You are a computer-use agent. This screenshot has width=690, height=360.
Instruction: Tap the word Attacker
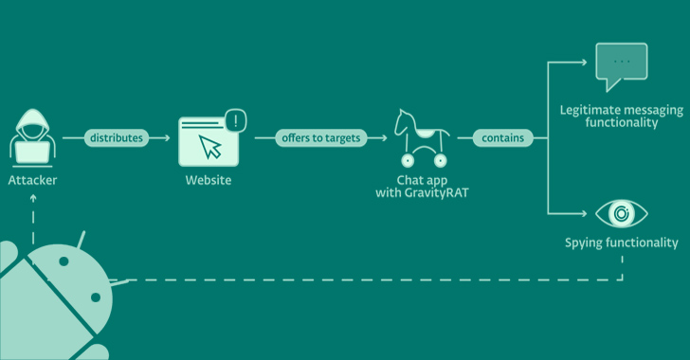(32, 180)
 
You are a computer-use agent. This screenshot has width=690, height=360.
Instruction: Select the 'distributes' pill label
(117, 137)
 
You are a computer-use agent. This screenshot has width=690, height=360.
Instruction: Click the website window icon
(209, 141)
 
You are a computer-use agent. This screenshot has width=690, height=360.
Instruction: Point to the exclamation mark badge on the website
(236, 120)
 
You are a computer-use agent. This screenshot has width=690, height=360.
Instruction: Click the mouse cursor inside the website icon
(209, 147)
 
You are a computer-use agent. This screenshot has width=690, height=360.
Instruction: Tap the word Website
(209, 180)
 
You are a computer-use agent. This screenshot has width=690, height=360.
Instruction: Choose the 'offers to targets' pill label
(321, 137)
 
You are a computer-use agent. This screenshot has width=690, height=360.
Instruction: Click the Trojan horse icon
(422, 138)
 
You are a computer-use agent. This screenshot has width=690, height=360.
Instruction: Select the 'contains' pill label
(503, 137)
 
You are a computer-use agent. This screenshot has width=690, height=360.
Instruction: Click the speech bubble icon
(622, 67)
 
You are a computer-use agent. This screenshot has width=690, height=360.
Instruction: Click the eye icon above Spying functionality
(622, 213)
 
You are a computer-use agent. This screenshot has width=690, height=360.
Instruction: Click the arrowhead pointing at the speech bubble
(584, 63)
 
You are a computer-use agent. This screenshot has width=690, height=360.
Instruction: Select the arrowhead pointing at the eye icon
(584, 213)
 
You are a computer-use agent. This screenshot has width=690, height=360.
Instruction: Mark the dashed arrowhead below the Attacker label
(33, 198)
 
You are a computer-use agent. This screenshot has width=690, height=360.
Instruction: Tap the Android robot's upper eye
(64, 261)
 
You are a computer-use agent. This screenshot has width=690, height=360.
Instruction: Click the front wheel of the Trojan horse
(408, 161)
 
